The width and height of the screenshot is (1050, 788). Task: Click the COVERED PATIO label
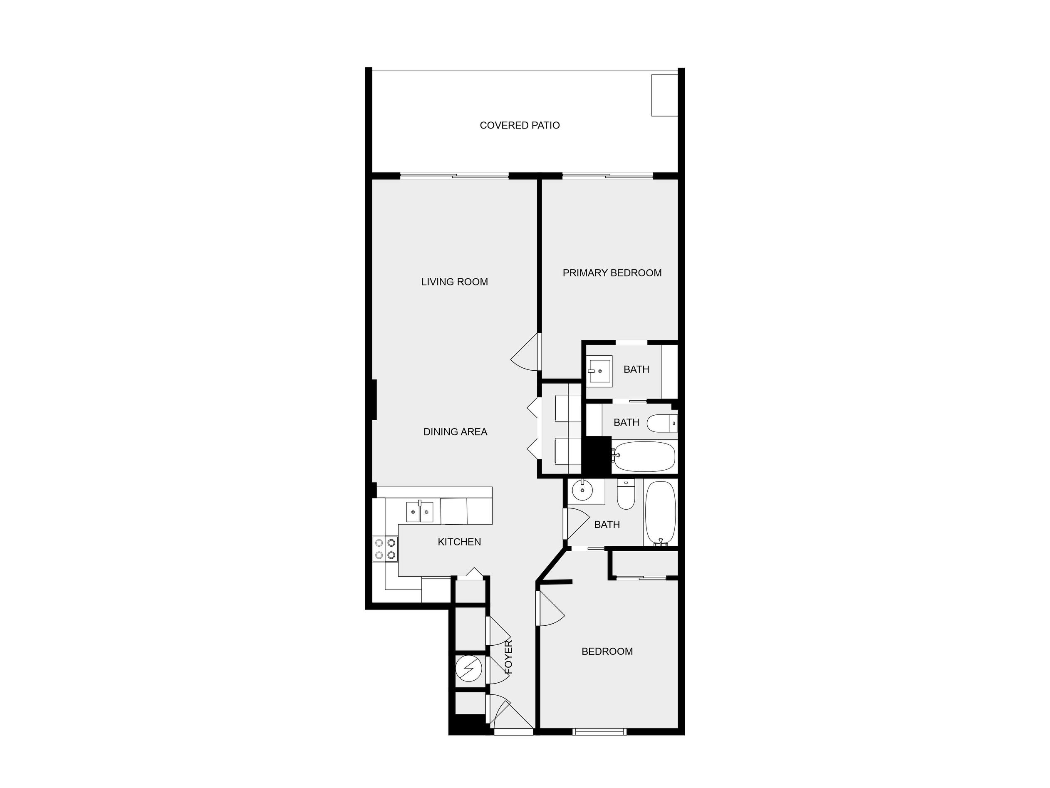pyautogui.click(x=520, y=125)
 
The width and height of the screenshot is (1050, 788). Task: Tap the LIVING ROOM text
pyautogui.click(x=454, y=282)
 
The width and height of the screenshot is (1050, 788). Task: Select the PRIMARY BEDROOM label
pyautogui.click(x=612, y=273)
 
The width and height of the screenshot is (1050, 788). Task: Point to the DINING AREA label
pyautogui.click(x=455, y=432)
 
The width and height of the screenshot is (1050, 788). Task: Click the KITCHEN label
pyautogui.click(x=459, y=542)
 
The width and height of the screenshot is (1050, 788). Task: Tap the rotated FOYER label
pyautogui.click(x=508, y=657)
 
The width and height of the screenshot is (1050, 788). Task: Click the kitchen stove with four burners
pyautogui.click(x=386, y=549)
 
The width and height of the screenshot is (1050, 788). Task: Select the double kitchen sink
pyautogui.click(x=420, y=512)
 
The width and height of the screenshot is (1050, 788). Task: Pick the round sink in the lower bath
pyautogui.click(x=582, y=491)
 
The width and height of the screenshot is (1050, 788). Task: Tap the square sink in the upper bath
pyautogui.click(x=599, y=371)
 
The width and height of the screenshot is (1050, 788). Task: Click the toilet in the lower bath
pyautogui.click(x=626, y=494)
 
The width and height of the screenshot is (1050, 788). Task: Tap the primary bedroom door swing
pyautogui.click(x=526, y=352)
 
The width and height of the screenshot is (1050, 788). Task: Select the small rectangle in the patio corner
pyautogui.click(x=664, y=95)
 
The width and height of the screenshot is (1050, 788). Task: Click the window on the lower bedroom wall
pyautogui.click(x=599, y=731)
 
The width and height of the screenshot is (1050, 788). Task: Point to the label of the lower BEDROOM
pyautogui.click(x=607, y=651)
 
